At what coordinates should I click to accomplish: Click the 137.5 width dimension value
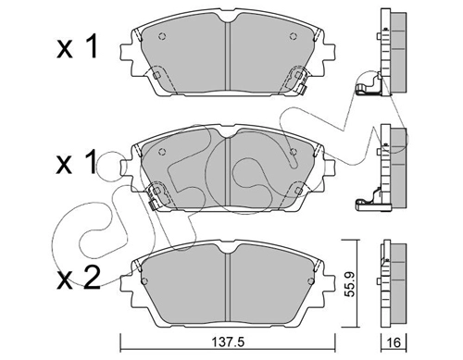coord(228,341)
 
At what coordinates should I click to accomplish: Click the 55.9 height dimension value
coord(349,284)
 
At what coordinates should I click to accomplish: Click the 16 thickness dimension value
coord(394,342)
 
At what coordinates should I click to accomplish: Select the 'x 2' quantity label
coord(79,278)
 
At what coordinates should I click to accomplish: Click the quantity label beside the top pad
coord(77,46)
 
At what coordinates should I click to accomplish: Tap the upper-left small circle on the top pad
coord(162,36)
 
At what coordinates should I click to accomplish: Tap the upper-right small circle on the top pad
coord(294,36)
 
